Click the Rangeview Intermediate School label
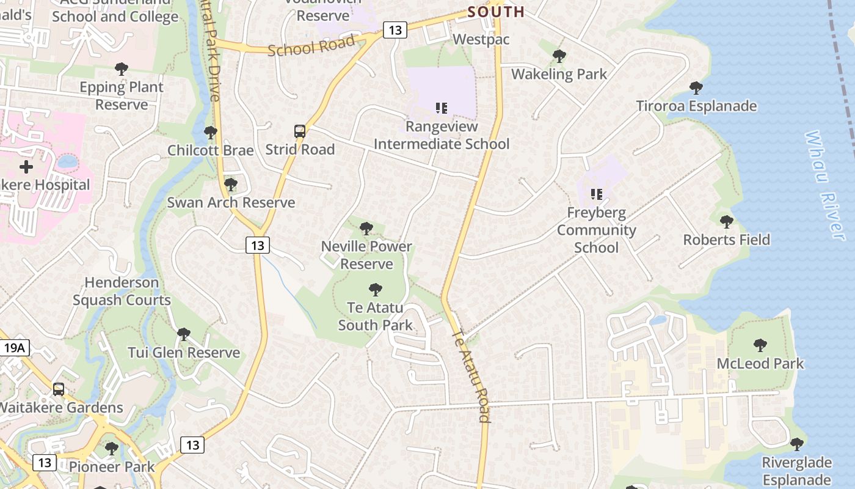(x=441, y=136)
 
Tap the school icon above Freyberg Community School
(x=596, y=194)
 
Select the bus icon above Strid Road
(x=300, y=131)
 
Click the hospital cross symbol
(x=26, y=166)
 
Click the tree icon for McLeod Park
(x=760, y=345)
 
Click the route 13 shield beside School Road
(x=395, y=29)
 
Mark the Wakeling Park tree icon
(x=559, y=56)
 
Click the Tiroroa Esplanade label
(x=696, y=106)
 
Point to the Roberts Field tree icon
(x=726, y=221)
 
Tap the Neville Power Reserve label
(x=366, y=255)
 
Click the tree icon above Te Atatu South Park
(x=376, y=289)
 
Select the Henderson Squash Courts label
(x=122, y=291)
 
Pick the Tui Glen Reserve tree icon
(x=184, y=334)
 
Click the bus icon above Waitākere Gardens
(x=59, y=389)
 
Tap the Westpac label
(x=481, y=39)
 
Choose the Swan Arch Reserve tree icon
(x=231, y=184)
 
